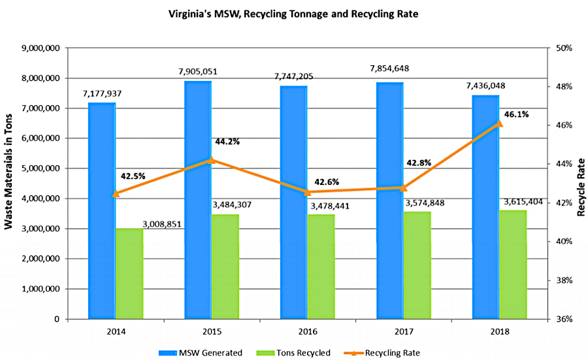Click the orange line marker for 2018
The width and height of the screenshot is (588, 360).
tap(500, 123)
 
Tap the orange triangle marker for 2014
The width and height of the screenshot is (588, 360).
tap(116, 193)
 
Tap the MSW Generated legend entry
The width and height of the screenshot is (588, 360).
tap(204, 353)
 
